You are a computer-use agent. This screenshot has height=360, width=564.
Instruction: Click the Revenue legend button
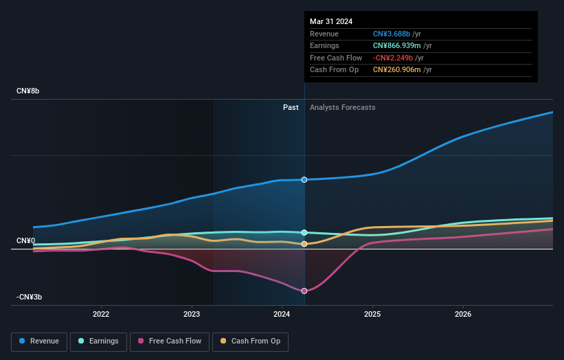[x=39, y=341]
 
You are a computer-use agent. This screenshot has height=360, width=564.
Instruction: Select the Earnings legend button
[x=98, y=341]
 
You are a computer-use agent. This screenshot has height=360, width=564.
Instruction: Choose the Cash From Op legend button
[x=251, y=341]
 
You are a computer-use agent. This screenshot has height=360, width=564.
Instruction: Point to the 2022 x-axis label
[x=101, y=315]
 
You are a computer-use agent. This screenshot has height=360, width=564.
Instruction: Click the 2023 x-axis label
[x=192, y=315]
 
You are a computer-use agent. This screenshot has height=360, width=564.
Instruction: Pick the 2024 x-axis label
[x=282, y=315]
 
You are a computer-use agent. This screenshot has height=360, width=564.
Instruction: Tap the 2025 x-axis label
[x=372, y=315]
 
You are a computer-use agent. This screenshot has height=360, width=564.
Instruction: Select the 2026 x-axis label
[x=463, y=315]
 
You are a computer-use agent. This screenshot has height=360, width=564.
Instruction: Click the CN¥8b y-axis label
[x=27, y=91]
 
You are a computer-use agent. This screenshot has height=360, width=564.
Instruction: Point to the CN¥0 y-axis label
[x=26, y=240]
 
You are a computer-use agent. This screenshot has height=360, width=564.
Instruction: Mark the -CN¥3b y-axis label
[x=29, y=297]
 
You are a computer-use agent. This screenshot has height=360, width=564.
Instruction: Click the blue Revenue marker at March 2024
[x=304, y=179]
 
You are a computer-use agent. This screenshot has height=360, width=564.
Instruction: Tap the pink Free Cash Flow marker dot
[x=304, y=291]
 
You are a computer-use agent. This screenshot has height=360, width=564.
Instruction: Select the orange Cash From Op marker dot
[x=304, y=244]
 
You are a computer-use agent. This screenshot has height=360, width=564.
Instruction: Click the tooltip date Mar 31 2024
[x=331, y=21]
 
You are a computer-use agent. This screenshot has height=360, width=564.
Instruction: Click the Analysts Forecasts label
[x=342, y=107]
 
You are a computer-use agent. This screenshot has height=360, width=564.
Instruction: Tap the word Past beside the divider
[x=291, y=107]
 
